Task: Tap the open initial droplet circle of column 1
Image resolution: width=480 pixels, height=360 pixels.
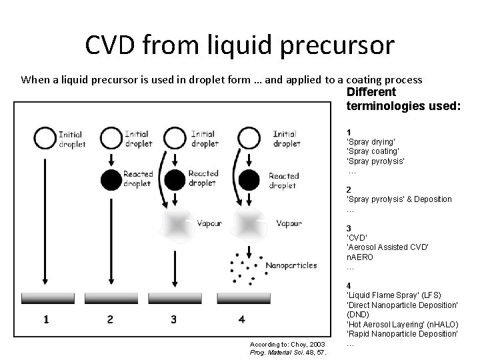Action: click(45, 139)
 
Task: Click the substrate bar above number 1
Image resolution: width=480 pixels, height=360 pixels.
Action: click(45, 297)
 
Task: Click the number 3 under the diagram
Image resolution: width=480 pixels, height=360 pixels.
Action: click(174, 319)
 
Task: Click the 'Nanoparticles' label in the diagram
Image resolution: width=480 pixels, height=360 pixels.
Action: click(291, 265)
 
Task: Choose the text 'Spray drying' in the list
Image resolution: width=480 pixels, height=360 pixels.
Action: click(371, 142)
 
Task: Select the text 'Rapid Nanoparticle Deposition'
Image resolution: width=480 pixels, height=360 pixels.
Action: click(403, 333)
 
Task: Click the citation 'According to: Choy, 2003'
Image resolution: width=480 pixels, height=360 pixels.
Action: click(287, 344)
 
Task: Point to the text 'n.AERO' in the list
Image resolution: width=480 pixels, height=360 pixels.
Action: click(360, 257)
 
